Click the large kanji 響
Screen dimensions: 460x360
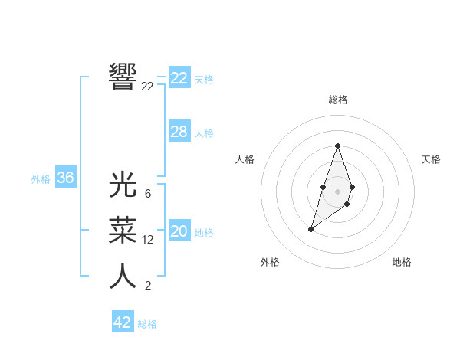(x=123, y=77)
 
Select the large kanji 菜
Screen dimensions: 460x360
(x=123, y=230)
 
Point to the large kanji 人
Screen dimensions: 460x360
(x=123, y=276)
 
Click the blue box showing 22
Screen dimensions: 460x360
(x=179, y=77)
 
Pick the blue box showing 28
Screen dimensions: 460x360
(x=179, y=132)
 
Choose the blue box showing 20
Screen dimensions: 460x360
(x=179, y=231)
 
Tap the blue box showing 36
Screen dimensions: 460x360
(x=66, y=178)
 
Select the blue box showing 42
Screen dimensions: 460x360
(x=123, y=322)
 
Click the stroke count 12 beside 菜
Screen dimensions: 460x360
(x=148, y=240)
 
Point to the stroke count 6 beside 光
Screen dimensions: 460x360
(x=148, y=194)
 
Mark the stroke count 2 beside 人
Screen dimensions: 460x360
(x=148, y=286)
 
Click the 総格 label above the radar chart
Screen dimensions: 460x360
(x=338, y=100)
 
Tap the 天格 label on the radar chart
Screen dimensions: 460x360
(x=432, y=159)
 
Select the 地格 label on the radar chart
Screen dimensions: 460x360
(x=402, y=262)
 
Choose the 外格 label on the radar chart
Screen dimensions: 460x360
(x=270, y=262)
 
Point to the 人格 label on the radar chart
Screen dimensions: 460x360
(x=245, y=159)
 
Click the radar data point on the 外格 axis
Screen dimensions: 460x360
(x=310, y=229)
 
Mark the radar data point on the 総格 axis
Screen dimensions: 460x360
(x=337, y=146)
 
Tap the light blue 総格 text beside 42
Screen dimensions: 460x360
(x=147, y=324)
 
